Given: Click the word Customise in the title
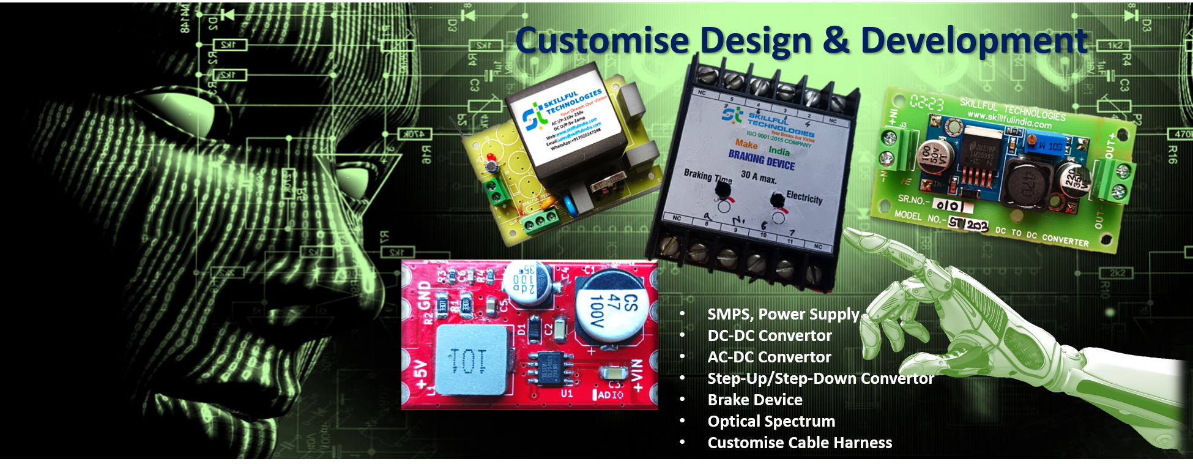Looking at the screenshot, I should (603, 40).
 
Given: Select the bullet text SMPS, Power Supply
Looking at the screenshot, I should (783, 314).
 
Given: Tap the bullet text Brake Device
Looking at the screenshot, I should (755, 400).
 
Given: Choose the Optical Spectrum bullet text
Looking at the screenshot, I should (771, 421).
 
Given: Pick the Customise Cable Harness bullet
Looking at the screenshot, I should (800, 443).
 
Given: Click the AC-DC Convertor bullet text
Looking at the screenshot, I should (769, 357).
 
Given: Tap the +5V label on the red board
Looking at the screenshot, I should (422, 375).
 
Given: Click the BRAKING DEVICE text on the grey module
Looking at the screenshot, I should (761, 160).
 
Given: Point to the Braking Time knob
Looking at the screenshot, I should (723, 192).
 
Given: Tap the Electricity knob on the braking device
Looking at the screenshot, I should (777, 200).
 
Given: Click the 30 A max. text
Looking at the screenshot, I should (758, 178).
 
